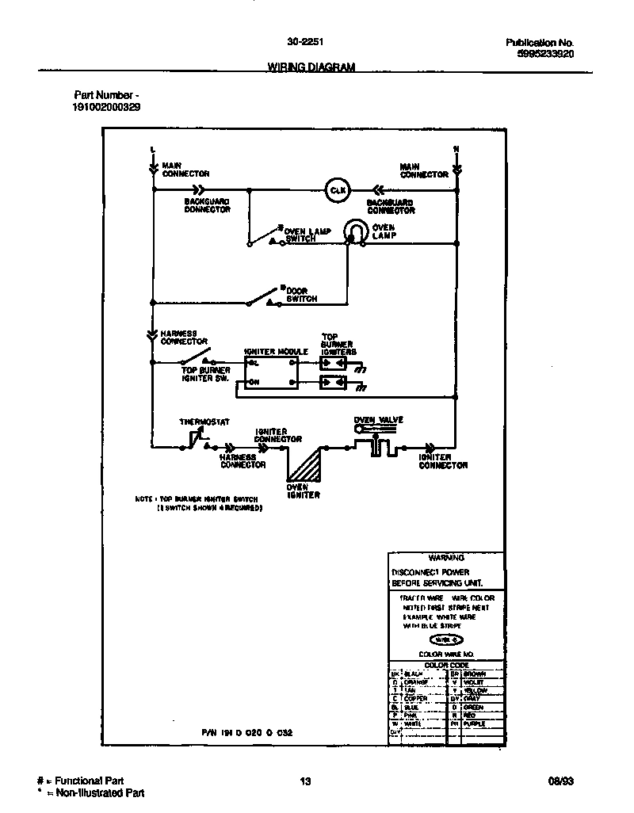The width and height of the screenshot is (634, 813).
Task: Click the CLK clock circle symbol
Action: click(338, 190)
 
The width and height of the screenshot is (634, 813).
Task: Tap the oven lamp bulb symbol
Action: click(355, 231)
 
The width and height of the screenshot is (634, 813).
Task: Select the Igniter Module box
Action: click(271, 372)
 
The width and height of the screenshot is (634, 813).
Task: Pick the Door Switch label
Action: click(301, 296)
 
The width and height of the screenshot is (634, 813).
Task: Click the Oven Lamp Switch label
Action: click(307, 235)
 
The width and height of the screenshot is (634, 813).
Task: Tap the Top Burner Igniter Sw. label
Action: click(205, 374)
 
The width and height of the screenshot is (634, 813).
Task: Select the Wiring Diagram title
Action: click(305, 67)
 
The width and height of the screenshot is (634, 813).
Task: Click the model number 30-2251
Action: click(304, 43)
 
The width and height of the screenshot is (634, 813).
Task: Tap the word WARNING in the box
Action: click(445, 558)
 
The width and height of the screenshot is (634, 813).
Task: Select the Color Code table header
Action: click(446, 665)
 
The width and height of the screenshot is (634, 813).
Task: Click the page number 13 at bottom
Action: click(304, 781)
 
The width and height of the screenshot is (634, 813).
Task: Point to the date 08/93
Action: click(560, 781)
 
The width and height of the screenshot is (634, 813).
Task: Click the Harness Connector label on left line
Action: click(184, 338)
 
